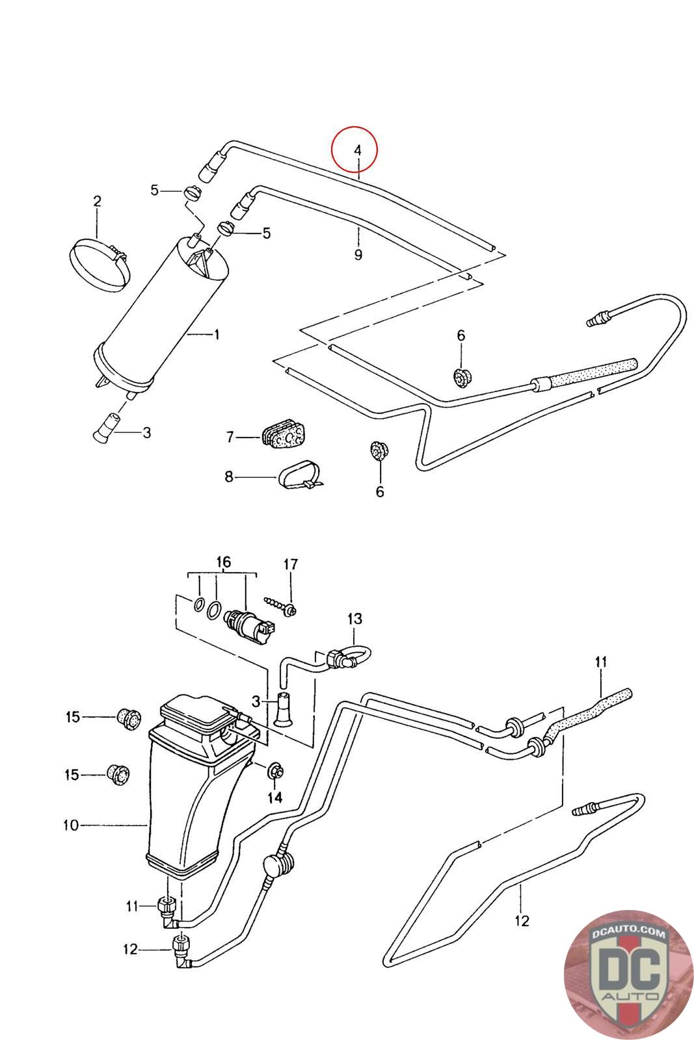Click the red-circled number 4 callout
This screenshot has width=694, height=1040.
357,149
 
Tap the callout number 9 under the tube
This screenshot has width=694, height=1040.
358,255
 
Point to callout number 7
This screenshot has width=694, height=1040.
230,437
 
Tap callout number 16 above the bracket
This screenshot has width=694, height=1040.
223,562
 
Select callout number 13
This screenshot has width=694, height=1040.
354,619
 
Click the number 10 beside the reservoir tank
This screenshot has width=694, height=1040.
70,825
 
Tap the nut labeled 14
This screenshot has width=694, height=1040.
274,773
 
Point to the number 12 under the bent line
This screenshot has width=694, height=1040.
522,920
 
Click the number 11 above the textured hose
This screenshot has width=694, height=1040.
600,662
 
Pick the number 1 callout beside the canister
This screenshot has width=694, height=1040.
217,335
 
